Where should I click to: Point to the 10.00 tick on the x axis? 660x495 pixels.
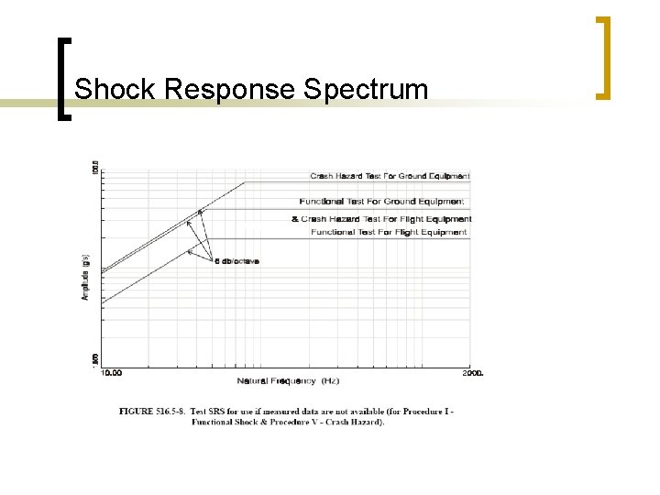(113, 373)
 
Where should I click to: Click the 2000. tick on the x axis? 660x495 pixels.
(472, 373)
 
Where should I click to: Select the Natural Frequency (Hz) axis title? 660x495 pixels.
(288, 380)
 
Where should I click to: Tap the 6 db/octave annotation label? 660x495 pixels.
(236, 261)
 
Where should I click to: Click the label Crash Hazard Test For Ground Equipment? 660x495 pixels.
(390, 176)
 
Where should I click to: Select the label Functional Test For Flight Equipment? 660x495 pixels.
(389, 233)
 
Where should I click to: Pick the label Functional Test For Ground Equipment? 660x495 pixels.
(382, 201)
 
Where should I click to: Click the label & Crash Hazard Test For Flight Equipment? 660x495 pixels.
(381, 219)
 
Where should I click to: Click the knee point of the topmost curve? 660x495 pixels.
(245, 182)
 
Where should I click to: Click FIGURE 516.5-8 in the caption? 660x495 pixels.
(153, 412)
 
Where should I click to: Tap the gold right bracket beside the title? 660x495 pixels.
(602, 57)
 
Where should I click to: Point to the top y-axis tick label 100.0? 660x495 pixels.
(93, 169)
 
